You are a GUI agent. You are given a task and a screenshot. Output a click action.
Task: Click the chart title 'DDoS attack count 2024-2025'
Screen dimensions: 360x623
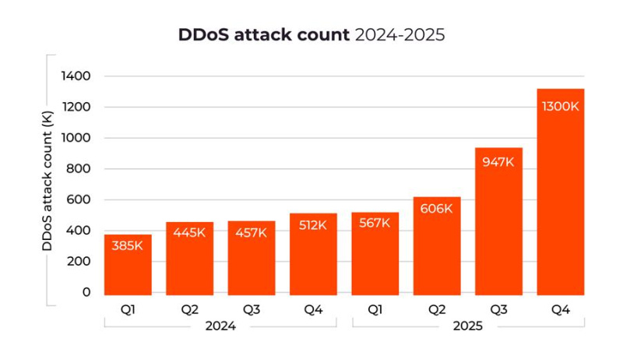[x=311, y=35]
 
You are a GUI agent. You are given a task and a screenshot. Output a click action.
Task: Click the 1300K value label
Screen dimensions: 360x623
[x=560, y=106]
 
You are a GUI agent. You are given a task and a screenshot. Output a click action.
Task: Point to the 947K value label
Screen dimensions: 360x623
[x=498, y=162]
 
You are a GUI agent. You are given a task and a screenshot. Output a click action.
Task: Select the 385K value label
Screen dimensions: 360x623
[x=128, y=245]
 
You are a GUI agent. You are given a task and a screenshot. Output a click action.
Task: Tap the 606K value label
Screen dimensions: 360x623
[x=437, y=209]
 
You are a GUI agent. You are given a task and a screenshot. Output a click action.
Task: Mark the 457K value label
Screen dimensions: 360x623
[x=252, y=232]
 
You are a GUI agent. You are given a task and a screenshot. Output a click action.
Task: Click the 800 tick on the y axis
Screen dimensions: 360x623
[x=79, y=168]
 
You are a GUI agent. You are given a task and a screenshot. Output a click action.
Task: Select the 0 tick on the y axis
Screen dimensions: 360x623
[x=86, y=292]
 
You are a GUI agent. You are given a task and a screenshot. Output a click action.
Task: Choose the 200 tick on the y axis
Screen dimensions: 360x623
[x=79, y=261]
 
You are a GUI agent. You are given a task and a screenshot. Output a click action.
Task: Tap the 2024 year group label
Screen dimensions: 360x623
[x=220, y=326]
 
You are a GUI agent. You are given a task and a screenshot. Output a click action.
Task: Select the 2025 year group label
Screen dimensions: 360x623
[x=467, y=326]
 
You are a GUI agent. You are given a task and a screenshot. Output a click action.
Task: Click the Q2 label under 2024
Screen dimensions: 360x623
[x=189, y=309]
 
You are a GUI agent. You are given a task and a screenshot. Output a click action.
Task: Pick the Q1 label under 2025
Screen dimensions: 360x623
[x=375, y=309]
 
